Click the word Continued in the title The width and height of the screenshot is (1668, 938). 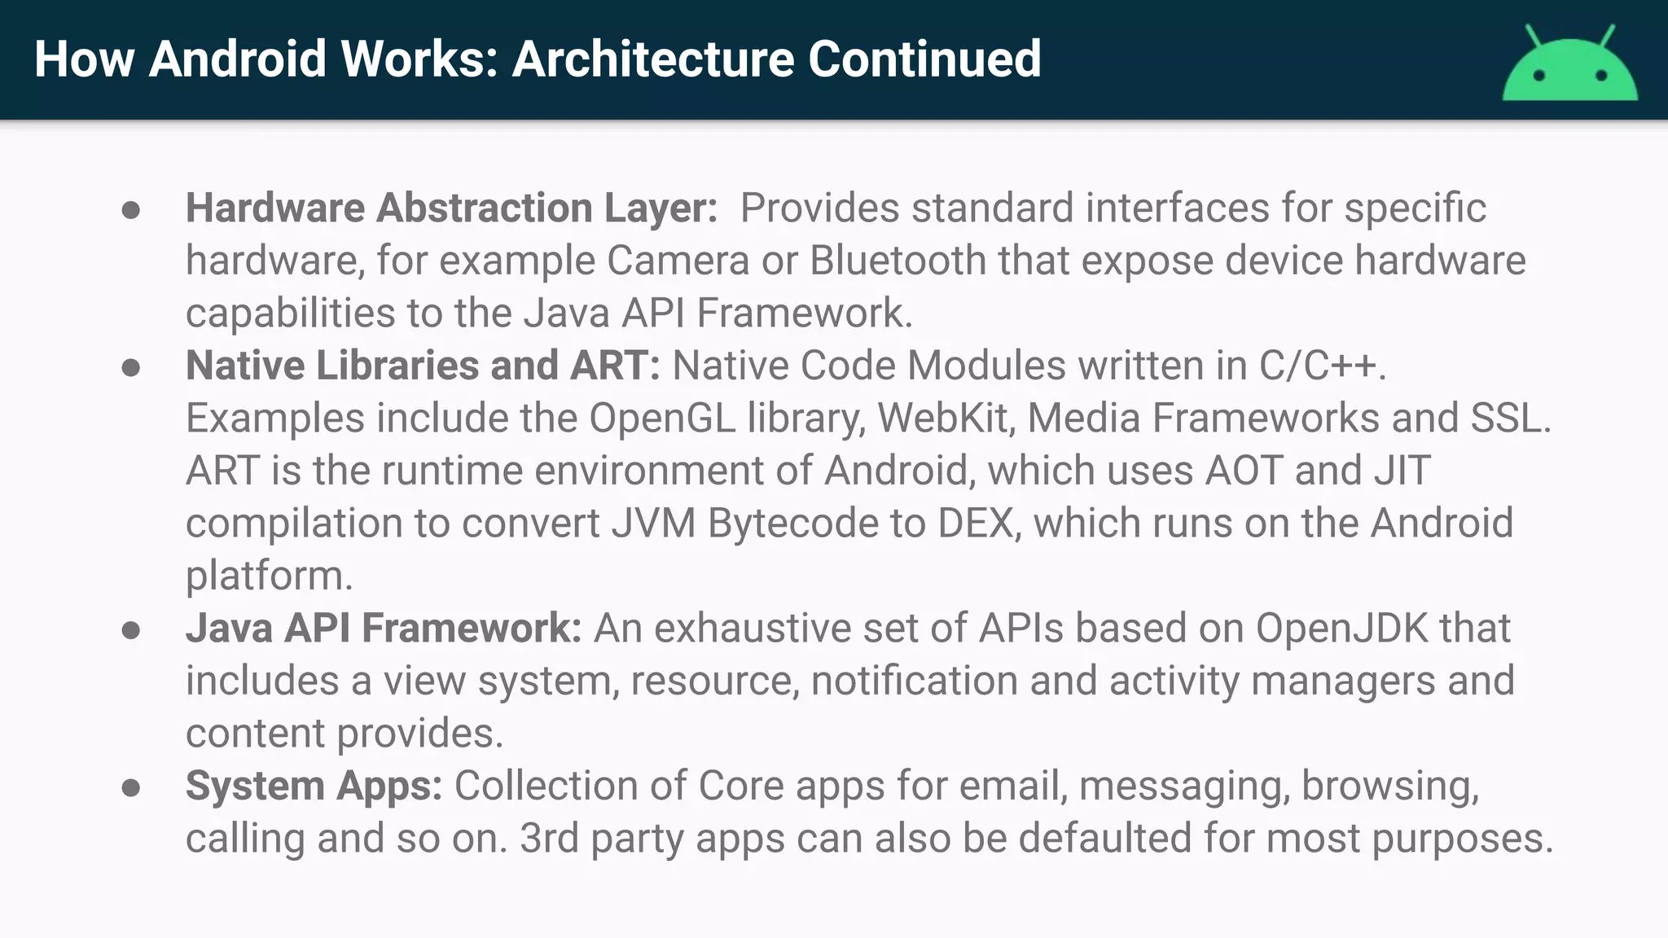(x=924, y=59)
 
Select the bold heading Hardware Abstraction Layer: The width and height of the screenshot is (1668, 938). (x=451, y=208)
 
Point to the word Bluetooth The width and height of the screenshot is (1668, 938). (x=898, y=261)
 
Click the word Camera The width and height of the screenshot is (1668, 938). (x=678, y=261)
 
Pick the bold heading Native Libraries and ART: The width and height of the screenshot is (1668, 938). (x=423, y=366)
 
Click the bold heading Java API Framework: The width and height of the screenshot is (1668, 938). (x=384, y=629)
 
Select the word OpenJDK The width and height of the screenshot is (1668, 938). (x=1341, y=629)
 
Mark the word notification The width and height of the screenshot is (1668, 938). (x=914, y=681)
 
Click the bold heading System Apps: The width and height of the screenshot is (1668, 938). (x=314, y=786)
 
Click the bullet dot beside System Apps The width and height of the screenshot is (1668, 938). (x=130, y=787)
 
